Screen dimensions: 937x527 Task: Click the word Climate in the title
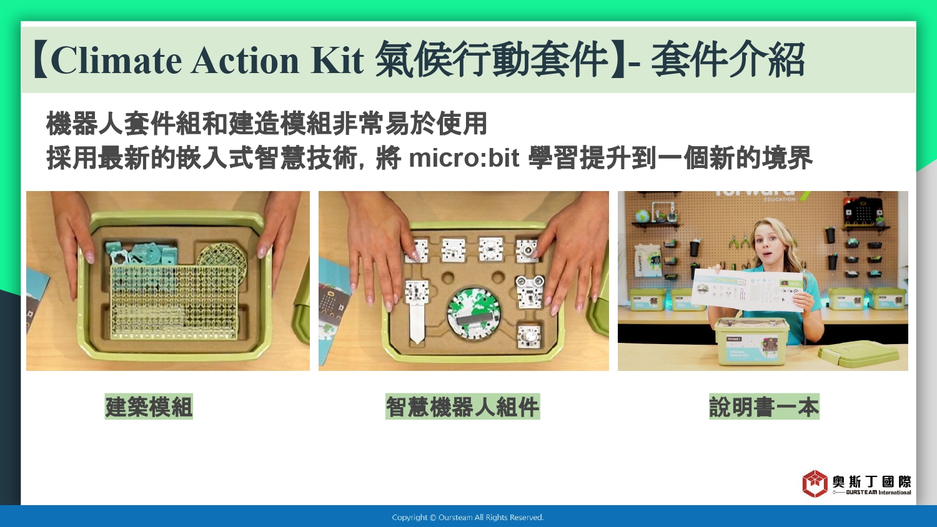coord(116,60)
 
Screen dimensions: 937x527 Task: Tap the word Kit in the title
coord(337,60)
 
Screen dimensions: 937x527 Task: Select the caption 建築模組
coord(149,406)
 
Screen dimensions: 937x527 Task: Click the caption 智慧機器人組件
coord(463,406)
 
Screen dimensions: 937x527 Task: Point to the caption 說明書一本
coord(764,406)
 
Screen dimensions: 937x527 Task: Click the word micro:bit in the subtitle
coord(464,158)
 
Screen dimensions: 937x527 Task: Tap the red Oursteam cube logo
coord(815,484)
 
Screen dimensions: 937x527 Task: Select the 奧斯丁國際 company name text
coord(871,481)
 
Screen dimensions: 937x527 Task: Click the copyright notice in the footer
coord(468,518)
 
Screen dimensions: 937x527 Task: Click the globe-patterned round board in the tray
coord(474,314)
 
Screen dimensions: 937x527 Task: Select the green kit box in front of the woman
coord(751,342)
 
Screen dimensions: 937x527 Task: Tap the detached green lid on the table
coord(858,354)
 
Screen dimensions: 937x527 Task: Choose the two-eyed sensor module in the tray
coord(529,291)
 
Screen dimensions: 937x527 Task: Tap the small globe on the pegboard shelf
coord(642,217)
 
